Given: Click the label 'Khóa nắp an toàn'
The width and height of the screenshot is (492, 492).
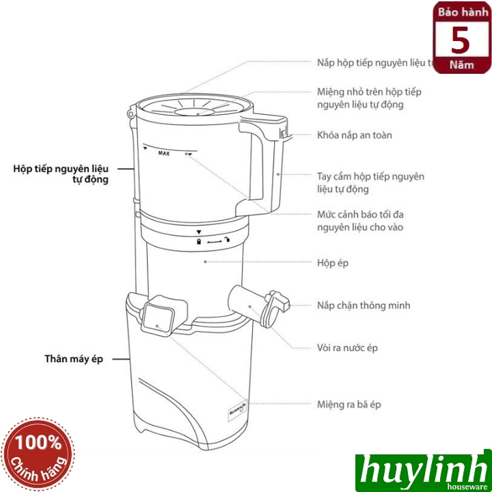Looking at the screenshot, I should click(354, 135).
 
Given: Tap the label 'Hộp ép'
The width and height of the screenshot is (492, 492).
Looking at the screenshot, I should click(333, 262).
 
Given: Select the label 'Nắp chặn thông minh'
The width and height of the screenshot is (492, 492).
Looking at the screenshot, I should click(364, 305).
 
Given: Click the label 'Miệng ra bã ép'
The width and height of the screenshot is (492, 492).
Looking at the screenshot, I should click(349, 405).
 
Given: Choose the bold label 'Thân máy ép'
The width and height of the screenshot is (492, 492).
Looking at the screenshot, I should click(73, 359).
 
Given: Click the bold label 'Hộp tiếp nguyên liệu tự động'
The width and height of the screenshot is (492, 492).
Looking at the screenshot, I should click(61, 174).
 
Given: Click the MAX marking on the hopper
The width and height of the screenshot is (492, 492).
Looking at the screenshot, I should click(163, 154).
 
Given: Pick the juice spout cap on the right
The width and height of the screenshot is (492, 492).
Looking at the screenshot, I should click(275, 308).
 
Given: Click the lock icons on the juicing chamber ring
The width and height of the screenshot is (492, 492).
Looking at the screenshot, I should click(212, 241).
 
